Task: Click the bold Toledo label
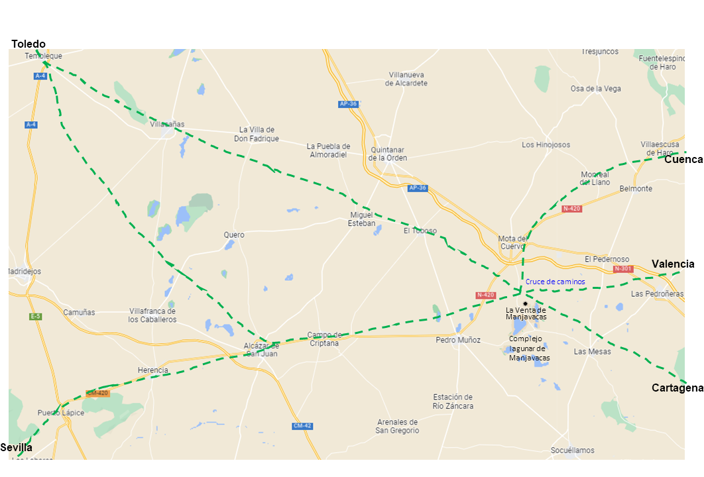pos(29,44)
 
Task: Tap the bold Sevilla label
pos(17,448)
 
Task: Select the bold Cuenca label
pos(683,160)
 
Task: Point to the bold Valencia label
pos(673,264)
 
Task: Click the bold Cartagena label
pos(677,388)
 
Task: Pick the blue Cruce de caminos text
pos(556,282)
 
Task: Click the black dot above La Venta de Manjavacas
pos(525,303)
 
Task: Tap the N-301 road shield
pos(623,269)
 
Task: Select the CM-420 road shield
pos(97,393)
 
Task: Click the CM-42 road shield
pos(302,426)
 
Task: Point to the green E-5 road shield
pos(35,317)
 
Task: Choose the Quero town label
pos(234,235)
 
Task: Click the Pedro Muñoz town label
pos(458,340)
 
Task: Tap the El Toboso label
pos(420,231)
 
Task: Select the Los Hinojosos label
pos(546,144)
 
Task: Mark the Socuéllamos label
pos(573,450)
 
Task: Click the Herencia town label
pos(152,370)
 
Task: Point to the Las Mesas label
pos(592,352)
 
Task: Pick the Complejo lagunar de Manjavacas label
pos(530,348)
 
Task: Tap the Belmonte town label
pos(636,189)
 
